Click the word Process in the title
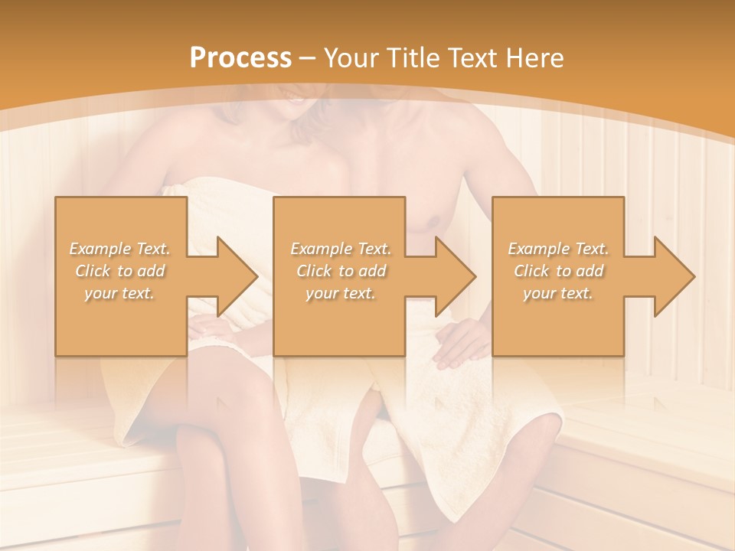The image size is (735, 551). click(240, 58)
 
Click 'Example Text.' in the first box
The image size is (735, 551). click(119, 249)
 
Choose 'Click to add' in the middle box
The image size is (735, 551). click(341, 271)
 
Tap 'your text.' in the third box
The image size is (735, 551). click(557, 293)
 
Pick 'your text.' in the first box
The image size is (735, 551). click(119, 293)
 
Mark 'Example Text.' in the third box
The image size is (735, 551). click(557, 249)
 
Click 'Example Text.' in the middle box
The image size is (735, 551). click(341, 249)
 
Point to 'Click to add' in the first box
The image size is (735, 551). click(119, 271)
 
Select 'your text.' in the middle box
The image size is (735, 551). click(341, 293)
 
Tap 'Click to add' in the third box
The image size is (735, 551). click(557, 271)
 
